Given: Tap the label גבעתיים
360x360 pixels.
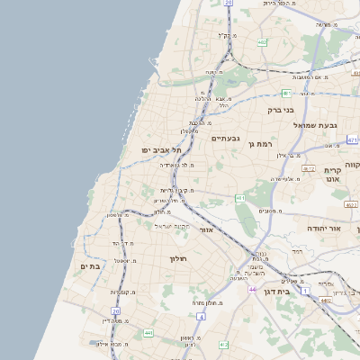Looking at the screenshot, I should point(226,139).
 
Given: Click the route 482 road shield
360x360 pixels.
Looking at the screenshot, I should point(262,41).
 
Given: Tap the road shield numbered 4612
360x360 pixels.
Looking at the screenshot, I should point(309,168).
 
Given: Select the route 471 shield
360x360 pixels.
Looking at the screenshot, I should point(352,140).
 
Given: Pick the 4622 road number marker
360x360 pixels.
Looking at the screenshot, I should point(351,205).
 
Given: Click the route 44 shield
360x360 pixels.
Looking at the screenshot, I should point(254,290).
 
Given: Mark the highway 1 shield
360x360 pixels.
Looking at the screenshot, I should point(306,291).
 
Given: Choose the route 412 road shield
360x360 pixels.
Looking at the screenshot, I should point(223,344).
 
